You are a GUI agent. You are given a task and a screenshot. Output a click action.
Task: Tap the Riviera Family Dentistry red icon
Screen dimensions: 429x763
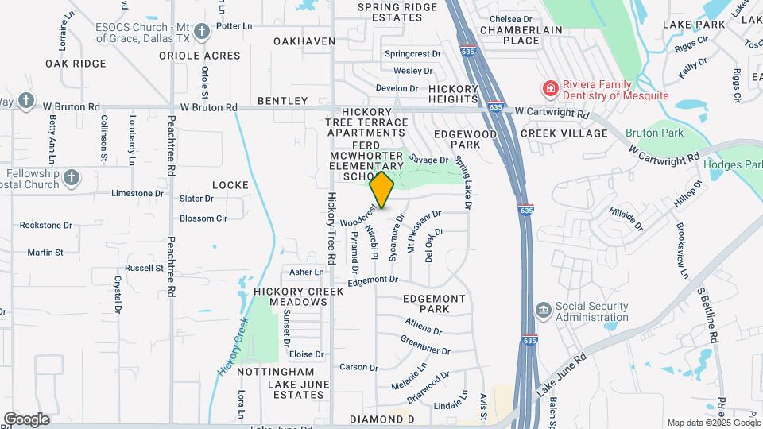coord(548,87)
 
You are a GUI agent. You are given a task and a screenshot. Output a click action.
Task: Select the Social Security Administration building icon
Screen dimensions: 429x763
coord(543,309)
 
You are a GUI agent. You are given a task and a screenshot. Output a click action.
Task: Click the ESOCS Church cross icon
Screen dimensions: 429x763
coord(202,32)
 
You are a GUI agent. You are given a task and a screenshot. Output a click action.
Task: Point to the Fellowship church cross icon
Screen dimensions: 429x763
coord(72,177)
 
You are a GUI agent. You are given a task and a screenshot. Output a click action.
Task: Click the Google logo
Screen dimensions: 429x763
coord(26,419)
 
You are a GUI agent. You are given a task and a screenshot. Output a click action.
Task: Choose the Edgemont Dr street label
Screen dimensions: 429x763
coord(372,280)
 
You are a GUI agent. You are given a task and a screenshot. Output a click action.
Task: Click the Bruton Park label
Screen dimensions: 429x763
coord(653,133)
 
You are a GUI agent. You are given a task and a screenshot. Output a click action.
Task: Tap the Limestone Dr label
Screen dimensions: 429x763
coord(131,193)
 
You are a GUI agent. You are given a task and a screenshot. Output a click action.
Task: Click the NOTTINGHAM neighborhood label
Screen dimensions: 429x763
coord(276,372)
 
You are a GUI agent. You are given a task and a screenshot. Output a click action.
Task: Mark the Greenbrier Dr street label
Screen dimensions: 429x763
coord(425,346)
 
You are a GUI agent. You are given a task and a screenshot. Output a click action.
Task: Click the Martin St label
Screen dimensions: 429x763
coord(45,253)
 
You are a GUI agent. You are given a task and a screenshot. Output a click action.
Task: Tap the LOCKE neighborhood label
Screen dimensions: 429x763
coord(230,184)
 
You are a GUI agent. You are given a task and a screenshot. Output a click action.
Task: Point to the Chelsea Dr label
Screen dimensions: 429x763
coord(510,18)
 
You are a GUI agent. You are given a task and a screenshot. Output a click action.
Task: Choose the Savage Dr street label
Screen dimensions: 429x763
coord(434,160)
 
